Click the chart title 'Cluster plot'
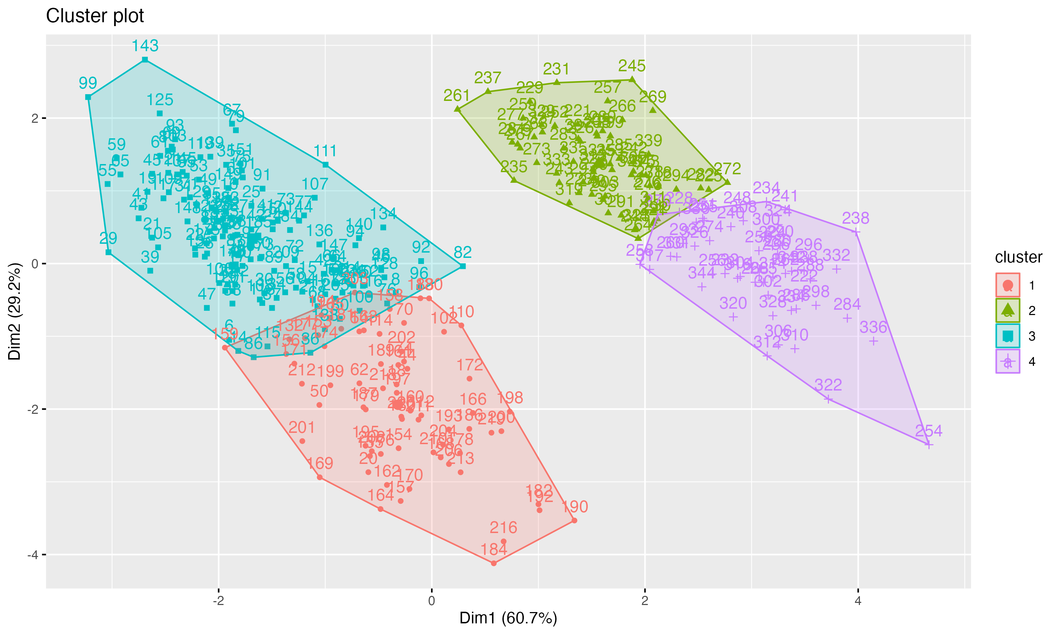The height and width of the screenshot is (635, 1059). click(x=95, y=16)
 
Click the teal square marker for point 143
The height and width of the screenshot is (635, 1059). click(x=145, y=60)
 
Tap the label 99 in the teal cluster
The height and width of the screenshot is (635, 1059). click(x=88, y=83)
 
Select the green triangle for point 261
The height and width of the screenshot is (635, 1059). click(x=457, y=109)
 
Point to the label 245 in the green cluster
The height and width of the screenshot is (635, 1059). click(x=632, y=66)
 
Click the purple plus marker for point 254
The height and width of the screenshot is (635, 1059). click(x=928, y=445)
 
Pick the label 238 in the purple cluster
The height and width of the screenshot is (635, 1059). click(x=855, y=219)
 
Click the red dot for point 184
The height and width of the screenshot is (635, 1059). click(x=493, y=563)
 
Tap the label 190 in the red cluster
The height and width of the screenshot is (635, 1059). click(x=574, y=507)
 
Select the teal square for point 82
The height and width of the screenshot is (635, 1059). click(x=462, y=266)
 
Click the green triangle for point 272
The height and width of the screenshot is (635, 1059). click(x=727, y=182)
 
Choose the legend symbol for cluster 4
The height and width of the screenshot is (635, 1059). click(x=1007, y=362)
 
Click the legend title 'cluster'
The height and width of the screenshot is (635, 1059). click(x=1018, y=257)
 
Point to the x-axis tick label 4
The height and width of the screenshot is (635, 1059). click(x=857, y=601)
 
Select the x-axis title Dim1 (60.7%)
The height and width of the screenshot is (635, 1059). click(x=508, y=618)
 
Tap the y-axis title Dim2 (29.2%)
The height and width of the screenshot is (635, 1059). click(x=14, y=312)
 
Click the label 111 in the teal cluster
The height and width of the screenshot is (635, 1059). click(x=325, y=151)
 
